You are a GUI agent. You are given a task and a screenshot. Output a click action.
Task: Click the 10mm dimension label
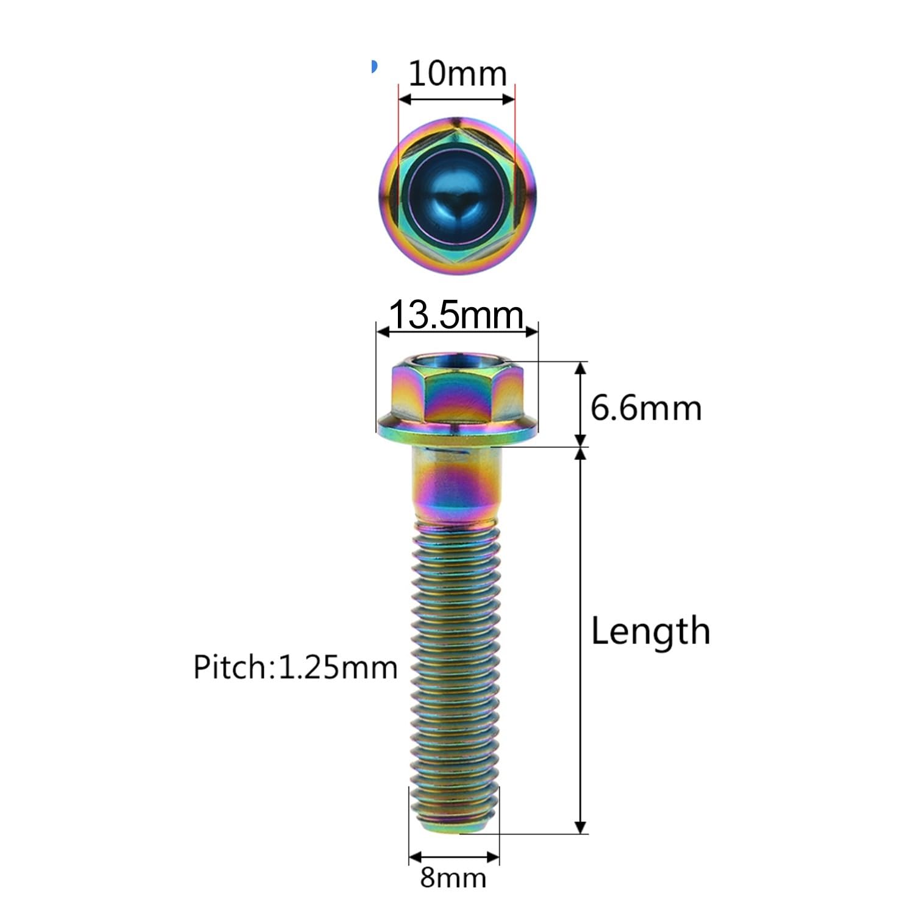[457, 74]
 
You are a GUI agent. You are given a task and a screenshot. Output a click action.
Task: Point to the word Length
[650, 631]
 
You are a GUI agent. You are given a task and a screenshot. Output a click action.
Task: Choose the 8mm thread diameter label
[453, 878]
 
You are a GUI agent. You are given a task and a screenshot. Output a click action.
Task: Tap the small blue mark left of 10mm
[374, 66]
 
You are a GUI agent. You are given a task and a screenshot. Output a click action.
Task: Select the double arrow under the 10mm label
[457, 98]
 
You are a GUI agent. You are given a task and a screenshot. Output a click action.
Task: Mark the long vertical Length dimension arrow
[581, 640]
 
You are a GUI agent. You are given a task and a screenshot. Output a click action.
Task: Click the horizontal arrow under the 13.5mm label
[457, 331]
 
